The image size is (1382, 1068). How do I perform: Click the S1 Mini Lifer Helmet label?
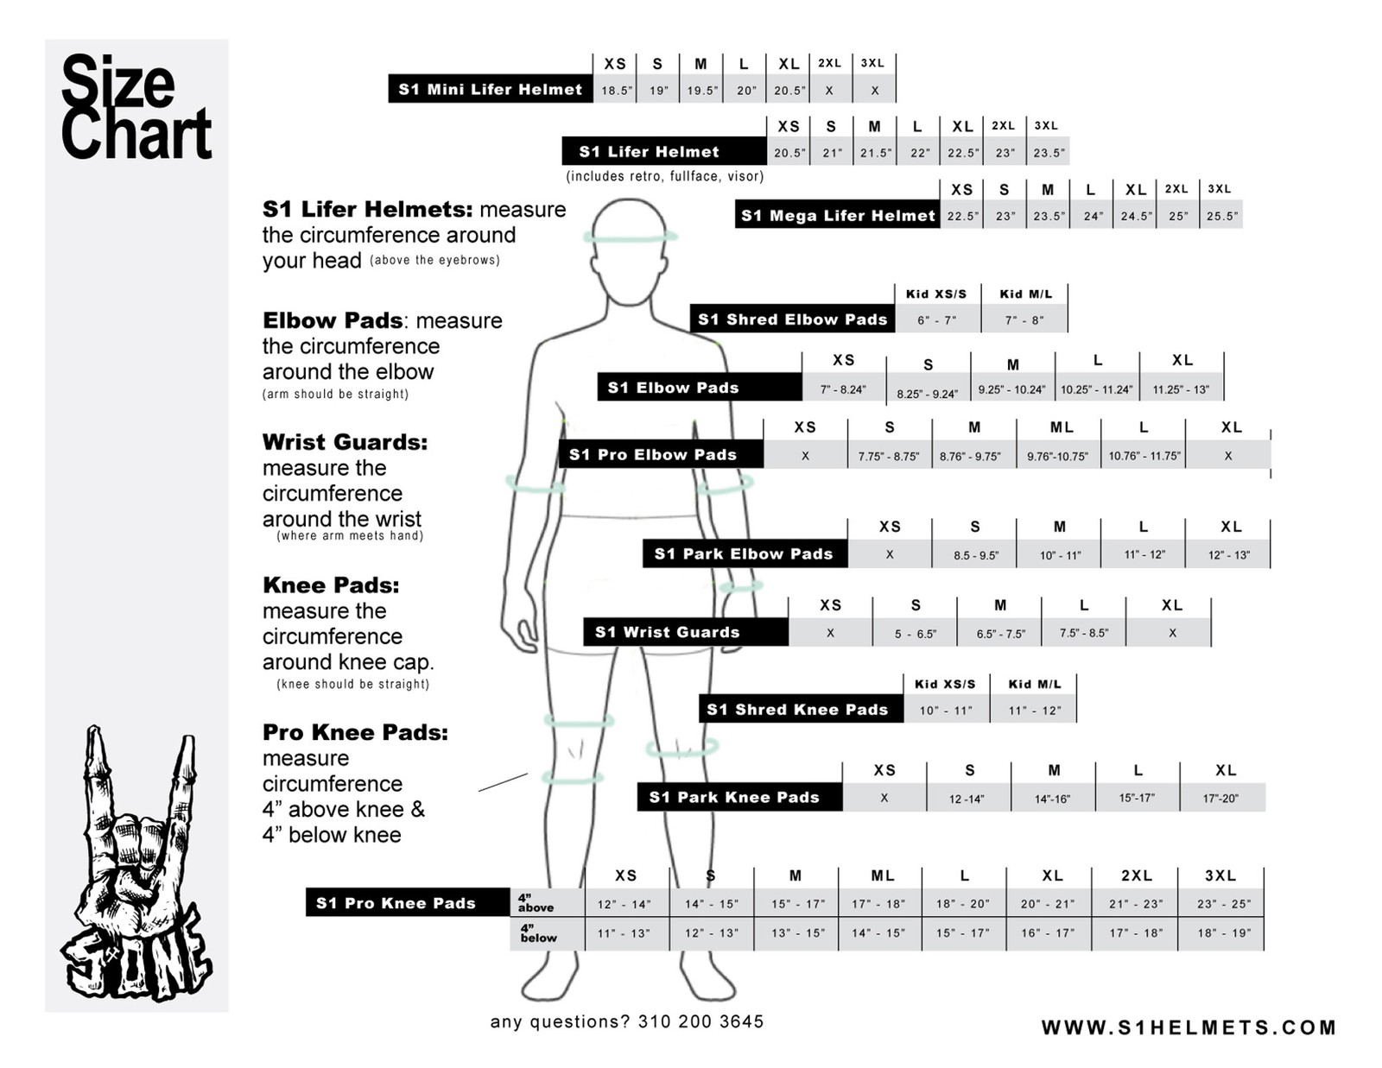pos(490,89)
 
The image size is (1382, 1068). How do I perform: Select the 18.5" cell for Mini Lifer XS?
pos(616,90)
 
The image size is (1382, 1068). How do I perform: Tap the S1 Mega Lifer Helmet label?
pos(838,215)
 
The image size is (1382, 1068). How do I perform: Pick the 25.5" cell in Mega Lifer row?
pos(1221,216)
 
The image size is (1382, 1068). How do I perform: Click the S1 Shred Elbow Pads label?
pos(792,319)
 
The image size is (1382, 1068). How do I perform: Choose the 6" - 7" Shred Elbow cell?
pos(936,320)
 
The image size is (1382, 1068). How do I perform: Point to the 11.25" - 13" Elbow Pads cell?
pos(1181,389)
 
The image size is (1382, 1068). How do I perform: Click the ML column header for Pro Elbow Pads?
pos(1062,427)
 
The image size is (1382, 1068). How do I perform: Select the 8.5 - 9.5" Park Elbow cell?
pos(975,555)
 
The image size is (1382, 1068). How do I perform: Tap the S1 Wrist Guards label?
pos(667,632)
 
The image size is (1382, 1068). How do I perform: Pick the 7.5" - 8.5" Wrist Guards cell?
pos(1083,633)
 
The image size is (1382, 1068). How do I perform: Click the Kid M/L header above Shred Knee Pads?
pos(1034,684)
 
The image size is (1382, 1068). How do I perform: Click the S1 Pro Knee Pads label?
pos(396,903)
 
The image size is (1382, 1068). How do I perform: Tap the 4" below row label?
pos(538,933)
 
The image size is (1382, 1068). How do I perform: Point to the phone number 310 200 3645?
pos(701,1022)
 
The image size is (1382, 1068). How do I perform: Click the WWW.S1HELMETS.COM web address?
pos(1189,1027)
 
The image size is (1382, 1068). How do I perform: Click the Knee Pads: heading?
pos(331,585)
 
